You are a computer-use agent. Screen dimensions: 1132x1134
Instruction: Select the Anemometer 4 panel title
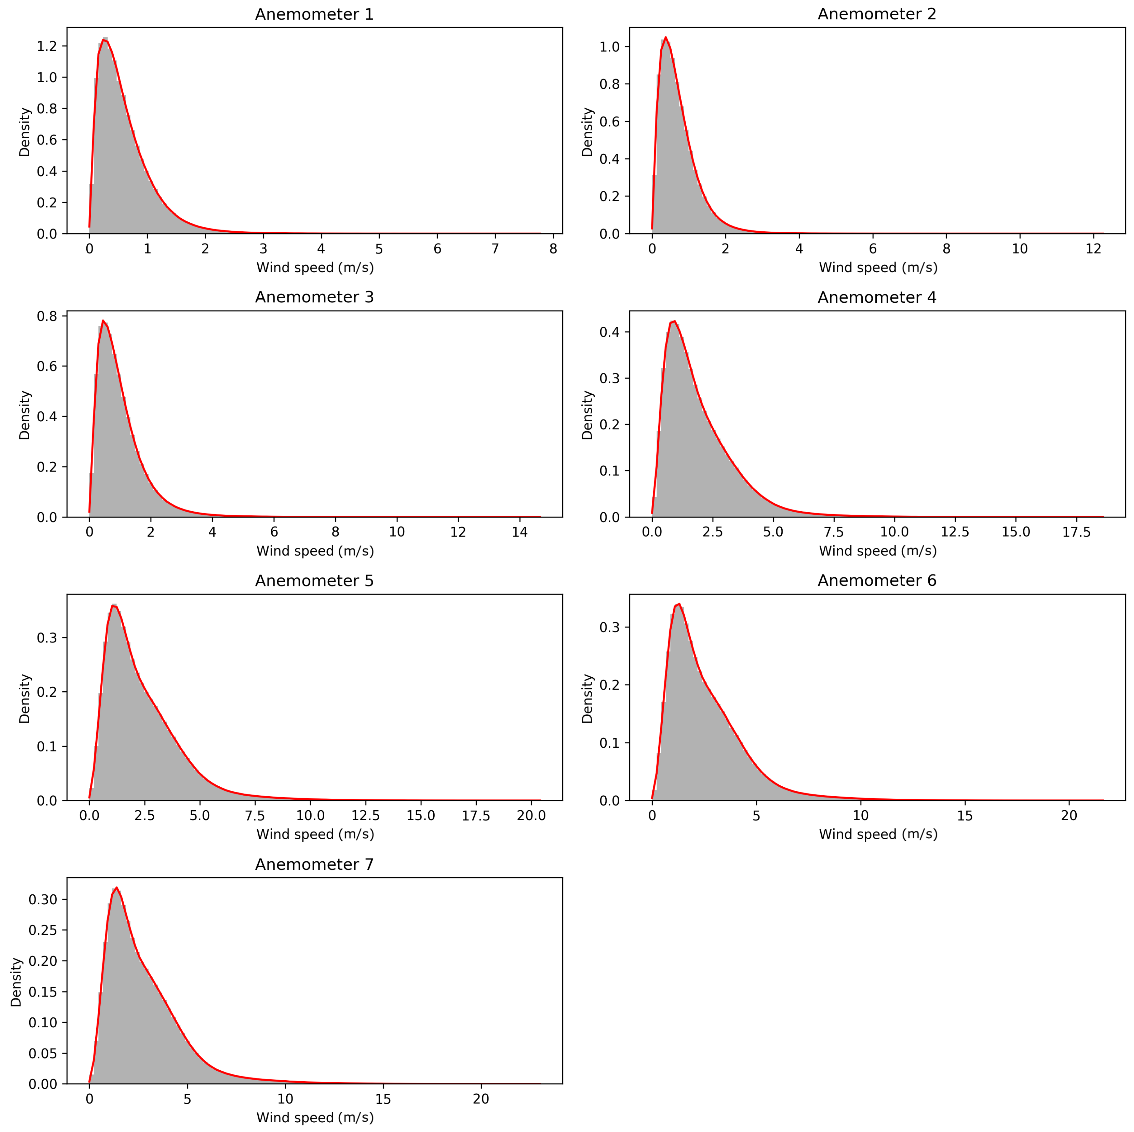877,297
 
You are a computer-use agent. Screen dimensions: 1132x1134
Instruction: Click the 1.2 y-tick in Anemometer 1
47,46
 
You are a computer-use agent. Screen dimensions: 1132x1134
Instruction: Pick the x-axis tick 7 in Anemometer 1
495,249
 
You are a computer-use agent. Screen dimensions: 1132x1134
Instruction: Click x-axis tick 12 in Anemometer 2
1093,249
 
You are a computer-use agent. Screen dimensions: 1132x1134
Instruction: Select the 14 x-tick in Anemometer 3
519,532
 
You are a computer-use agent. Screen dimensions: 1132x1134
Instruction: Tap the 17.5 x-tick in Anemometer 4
1076,532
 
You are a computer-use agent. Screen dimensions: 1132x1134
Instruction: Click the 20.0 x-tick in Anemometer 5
531,816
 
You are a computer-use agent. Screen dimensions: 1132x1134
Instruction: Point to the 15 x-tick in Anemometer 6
965,816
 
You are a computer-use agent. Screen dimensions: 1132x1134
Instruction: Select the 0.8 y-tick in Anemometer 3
47,316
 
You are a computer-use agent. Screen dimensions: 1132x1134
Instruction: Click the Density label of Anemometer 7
17,982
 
